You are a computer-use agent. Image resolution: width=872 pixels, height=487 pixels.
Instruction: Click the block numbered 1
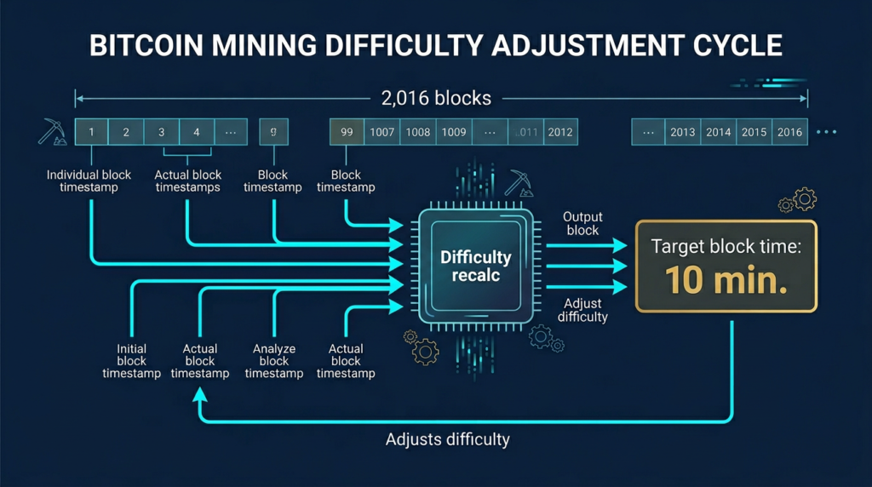pos(91,132)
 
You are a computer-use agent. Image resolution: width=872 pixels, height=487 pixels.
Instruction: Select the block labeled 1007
pos(382,132)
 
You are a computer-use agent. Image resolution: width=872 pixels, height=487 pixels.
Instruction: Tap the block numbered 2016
pos(789,132)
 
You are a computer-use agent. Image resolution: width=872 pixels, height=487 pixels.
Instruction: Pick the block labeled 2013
pos(683,132)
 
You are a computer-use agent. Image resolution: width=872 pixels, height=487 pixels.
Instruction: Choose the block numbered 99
pos(347,132)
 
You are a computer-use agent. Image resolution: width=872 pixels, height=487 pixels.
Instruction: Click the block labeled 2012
pos(559,132)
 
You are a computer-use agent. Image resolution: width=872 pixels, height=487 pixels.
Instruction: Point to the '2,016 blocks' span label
pos(436,98)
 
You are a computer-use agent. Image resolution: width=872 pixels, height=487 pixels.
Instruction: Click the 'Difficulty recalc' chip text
pos(475,266)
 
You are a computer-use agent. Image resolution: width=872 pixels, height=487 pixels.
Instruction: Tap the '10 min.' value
pos(726,280)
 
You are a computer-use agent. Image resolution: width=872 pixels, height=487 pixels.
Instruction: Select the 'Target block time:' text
pos(726,247)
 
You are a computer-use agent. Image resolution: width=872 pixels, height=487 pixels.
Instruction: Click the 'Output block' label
pos(582,223)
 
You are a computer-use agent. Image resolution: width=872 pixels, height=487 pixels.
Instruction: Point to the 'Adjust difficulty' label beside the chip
pos(582,310)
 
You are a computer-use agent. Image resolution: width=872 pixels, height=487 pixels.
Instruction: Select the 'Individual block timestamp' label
pos(89,180)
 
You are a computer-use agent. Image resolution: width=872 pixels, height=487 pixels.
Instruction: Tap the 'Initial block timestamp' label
pos(131,361)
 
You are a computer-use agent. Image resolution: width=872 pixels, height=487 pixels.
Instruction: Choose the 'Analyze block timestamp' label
pos(273,361)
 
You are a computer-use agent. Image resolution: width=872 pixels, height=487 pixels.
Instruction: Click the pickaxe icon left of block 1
pos(49,131)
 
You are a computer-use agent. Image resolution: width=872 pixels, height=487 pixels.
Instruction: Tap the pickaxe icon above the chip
pos(518,182)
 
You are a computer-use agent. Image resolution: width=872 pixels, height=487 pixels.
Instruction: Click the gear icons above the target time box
pos(798,202)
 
